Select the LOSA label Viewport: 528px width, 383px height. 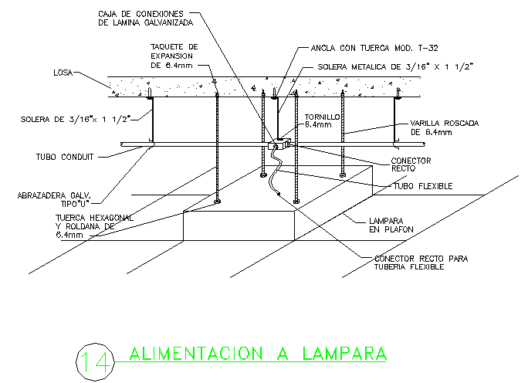[x=63, y=73]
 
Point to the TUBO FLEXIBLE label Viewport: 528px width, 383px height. [x=423, y=186]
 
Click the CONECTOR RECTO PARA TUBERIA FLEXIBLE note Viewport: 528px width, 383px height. [x=421, y=262]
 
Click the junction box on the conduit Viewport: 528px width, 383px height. [x=276, y=145]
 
